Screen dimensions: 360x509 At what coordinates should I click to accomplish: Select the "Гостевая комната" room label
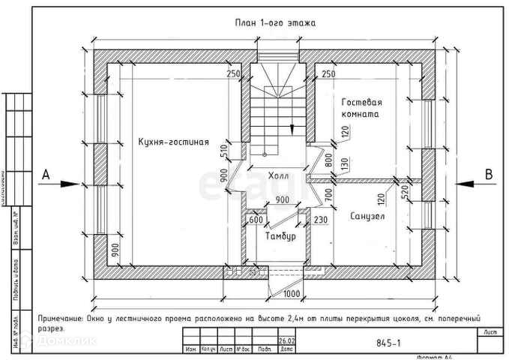coord(362,108)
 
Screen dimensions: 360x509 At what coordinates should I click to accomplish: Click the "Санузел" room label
coord(367,216)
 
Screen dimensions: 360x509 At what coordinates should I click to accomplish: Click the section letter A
coord(46,175)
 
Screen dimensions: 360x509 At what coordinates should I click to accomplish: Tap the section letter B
coord(489,175)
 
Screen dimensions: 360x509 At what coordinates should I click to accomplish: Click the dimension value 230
coord(321,220)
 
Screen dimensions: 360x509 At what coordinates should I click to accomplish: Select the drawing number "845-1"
coord(388,343)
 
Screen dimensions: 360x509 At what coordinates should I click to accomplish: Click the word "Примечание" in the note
coord(61,318)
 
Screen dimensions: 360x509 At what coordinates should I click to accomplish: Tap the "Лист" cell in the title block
coord(490,331)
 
